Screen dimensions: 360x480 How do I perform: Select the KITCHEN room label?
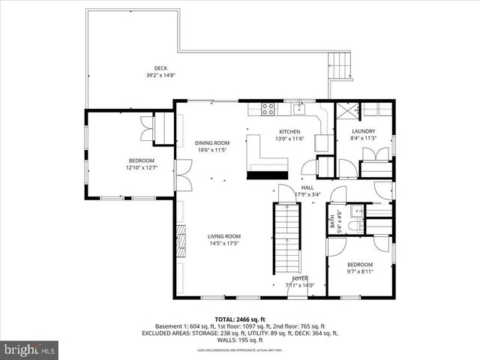(x=268, y=131)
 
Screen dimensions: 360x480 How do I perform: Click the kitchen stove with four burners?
(x=267, y=109)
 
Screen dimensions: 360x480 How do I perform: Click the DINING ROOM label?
(x=212, y=142)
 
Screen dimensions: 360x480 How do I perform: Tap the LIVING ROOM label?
(x=224, y=236)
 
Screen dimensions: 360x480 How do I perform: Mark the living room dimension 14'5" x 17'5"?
(x=224, y=243)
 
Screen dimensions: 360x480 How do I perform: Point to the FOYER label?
(x=300, y=278)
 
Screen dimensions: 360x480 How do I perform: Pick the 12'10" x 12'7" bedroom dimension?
(x=141, y=168)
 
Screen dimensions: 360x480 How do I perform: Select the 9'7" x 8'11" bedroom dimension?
(x=359, y=271)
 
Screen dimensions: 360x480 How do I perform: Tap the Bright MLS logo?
(x=30, y=349)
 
